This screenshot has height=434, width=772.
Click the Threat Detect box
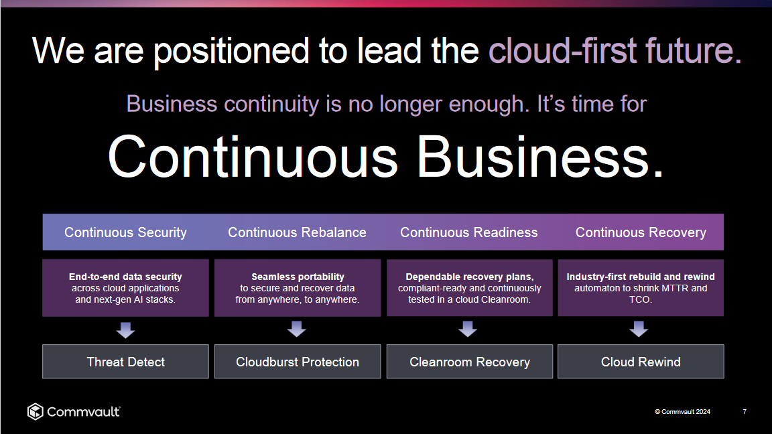[125, 362]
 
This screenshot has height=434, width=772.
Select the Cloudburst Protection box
[298, 362]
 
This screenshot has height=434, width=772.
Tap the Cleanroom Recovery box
[470, 362]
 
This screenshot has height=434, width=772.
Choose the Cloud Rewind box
[641, 362]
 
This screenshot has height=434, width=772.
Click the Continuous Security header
[125, 232]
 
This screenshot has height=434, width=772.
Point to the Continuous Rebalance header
[297, 232]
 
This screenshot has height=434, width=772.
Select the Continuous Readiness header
[468, 232]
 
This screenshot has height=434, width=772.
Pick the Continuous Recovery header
[641, 232]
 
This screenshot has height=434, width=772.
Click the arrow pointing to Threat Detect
[125, 330]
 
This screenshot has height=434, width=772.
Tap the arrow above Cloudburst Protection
[297, 330]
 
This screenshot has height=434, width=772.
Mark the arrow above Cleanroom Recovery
[468, 330]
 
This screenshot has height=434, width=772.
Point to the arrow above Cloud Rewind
[639, 330]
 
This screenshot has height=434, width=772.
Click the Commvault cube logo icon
[36, 411]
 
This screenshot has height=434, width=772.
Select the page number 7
[745, 411]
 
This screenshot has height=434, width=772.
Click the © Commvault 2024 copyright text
[682, 411]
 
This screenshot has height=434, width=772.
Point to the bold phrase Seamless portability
[298, 277]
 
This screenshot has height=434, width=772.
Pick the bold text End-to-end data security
[125, 277]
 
